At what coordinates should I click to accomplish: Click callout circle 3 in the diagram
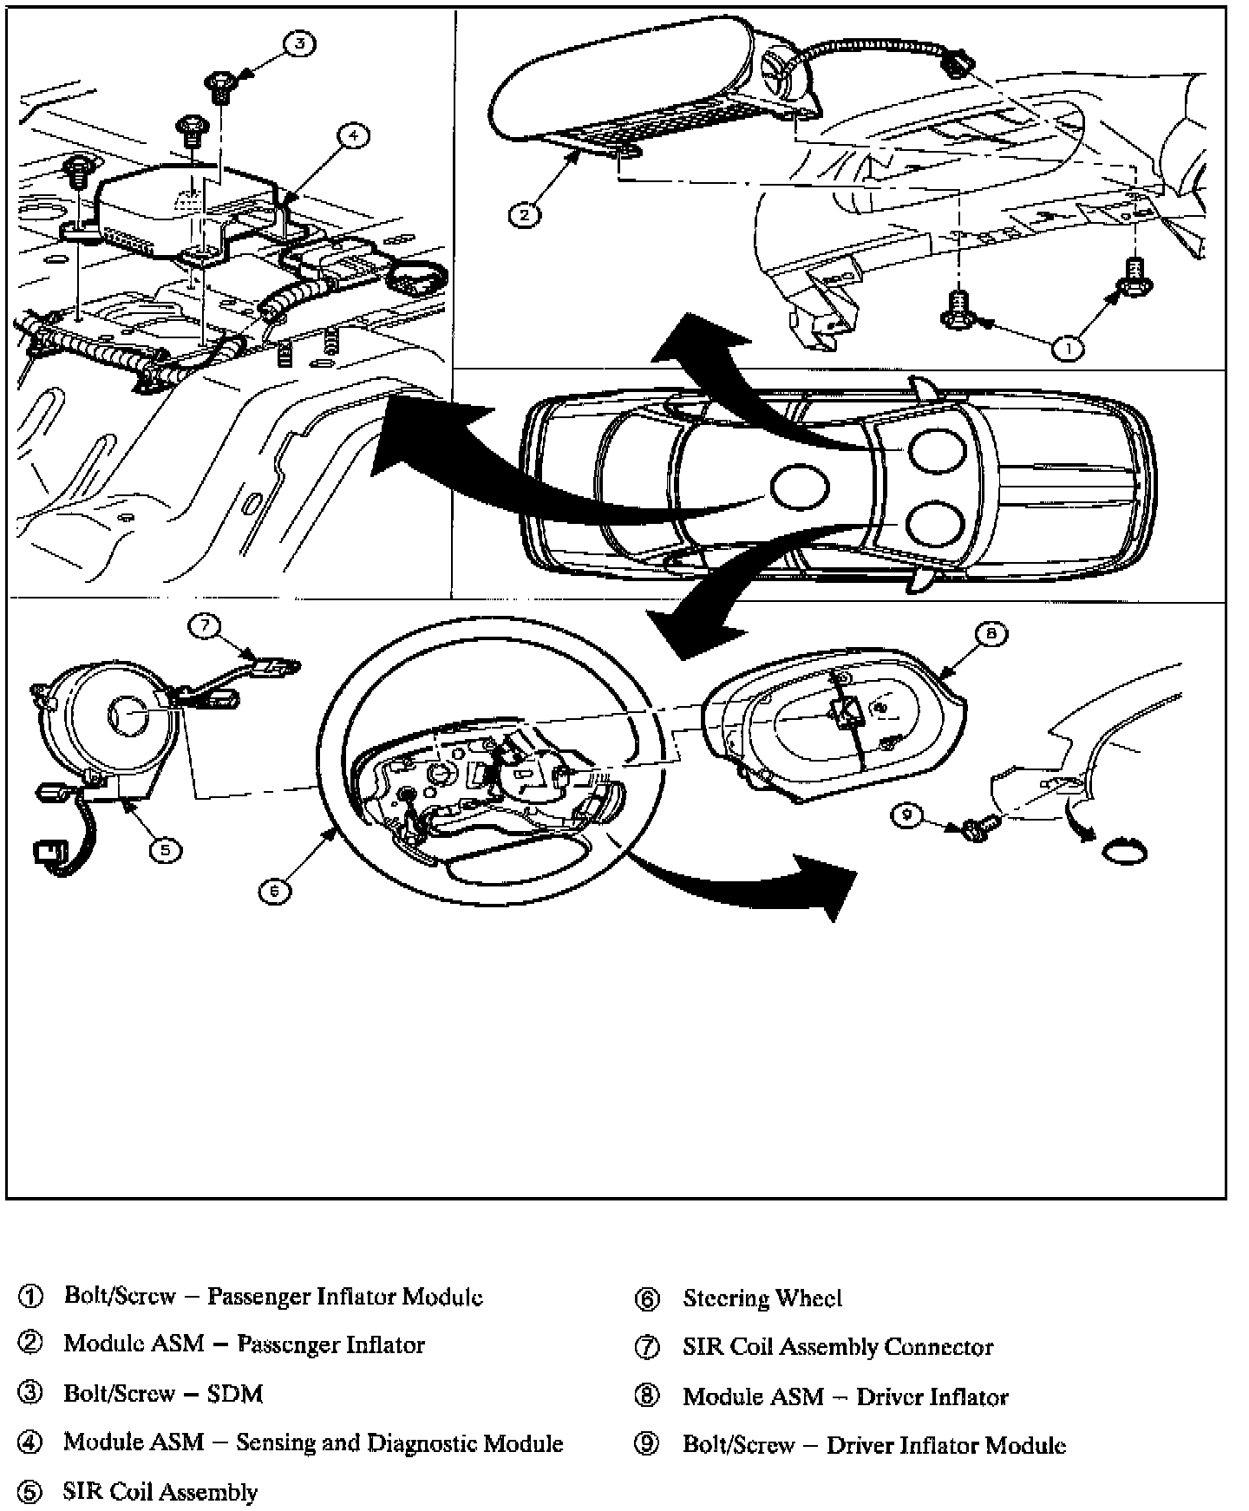299,44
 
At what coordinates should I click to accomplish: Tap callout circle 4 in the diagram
353,135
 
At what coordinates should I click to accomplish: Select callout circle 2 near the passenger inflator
524,213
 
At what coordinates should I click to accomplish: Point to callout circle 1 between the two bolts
1068,348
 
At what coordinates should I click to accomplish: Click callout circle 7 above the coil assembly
206,625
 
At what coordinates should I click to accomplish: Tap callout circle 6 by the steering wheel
274,890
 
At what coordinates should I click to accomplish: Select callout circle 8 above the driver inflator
991,634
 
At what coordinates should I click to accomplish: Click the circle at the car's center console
800,487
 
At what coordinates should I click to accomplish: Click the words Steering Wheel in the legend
762,1298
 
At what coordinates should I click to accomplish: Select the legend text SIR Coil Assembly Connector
838,1346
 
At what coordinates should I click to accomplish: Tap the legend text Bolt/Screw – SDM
163,1393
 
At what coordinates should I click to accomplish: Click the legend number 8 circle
647,1397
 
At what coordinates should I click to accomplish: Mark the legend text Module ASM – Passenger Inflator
244,1344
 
